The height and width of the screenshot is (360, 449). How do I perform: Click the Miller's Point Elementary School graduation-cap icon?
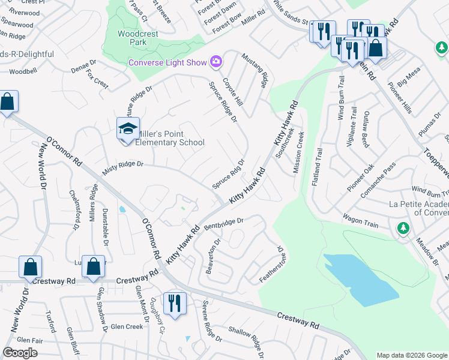[128, 129]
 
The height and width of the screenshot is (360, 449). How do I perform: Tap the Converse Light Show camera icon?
[215, 61]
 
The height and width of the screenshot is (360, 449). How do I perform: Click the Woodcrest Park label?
[138, 38]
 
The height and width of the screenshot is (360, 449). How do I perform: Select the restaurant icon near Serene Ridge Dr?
[175, 302]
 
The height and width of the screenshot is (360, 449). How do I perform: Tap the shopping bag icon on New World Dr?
[30, 268]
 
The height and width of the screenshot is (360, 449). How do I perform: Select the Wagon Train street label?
[360, 220]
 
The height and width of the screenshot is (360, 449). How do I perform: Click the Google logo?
[20, 353]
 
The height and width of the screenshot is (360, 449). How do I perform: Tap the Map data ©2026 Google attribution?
[411, 355]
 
